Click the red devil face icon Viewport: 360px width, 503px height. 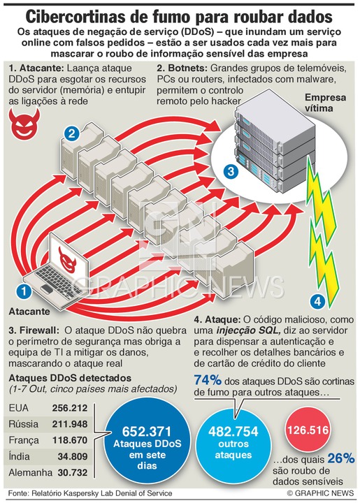pos(24,123)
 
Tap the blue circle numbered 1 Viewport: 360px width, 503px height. pos(24,291)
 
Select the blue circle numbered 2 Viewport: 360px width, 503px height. pos(71,133)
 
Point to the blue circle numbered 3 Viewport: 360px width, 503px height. pos(231,171)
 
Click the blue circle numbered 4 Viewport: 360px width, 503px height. pos(318,301)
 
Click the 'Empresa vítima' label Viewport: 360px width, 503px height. pos(325,103)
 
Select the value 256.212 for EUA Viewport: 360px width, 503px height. pos(70,408)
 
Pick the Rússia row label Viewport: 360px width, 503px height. pos(24,424)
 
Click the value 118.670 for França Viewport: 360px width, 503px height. pos(70,440)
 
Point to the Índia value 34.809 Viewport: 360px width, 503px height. pos(73,456)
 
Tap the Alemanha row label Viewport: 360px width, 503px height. pos(31,472)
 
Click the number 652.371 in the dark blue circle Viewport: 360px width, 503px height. pos(147,432)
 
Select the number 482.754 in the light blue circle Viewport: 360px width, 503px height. pos(233,432)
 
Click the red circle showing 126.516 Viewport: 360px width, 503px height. pos(308,430)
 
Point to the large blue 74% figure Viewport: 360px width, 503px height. pos(208,381)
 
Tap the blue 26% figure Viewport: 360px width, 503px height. pos(341,458)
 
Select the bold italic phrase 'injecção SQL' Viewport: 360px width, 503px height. pos(250,330)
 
